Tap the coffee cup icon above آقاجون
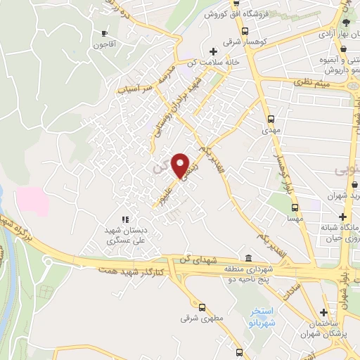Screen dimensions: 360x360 pos(105,33)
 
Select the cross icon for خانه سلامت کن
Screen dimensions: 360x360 pos(213,51)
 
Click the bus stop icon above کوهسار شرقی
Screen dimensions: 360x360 pos(244,31)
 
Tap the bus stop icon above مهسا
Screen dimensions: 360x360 pos(295,207)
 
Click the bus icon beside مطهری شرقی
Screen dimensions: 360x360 pos(202,307)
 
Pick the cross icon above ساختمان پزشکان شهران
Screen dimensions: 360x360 pos(323,311)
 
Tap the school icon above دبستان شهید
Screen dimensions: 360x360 pos(125,219)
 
